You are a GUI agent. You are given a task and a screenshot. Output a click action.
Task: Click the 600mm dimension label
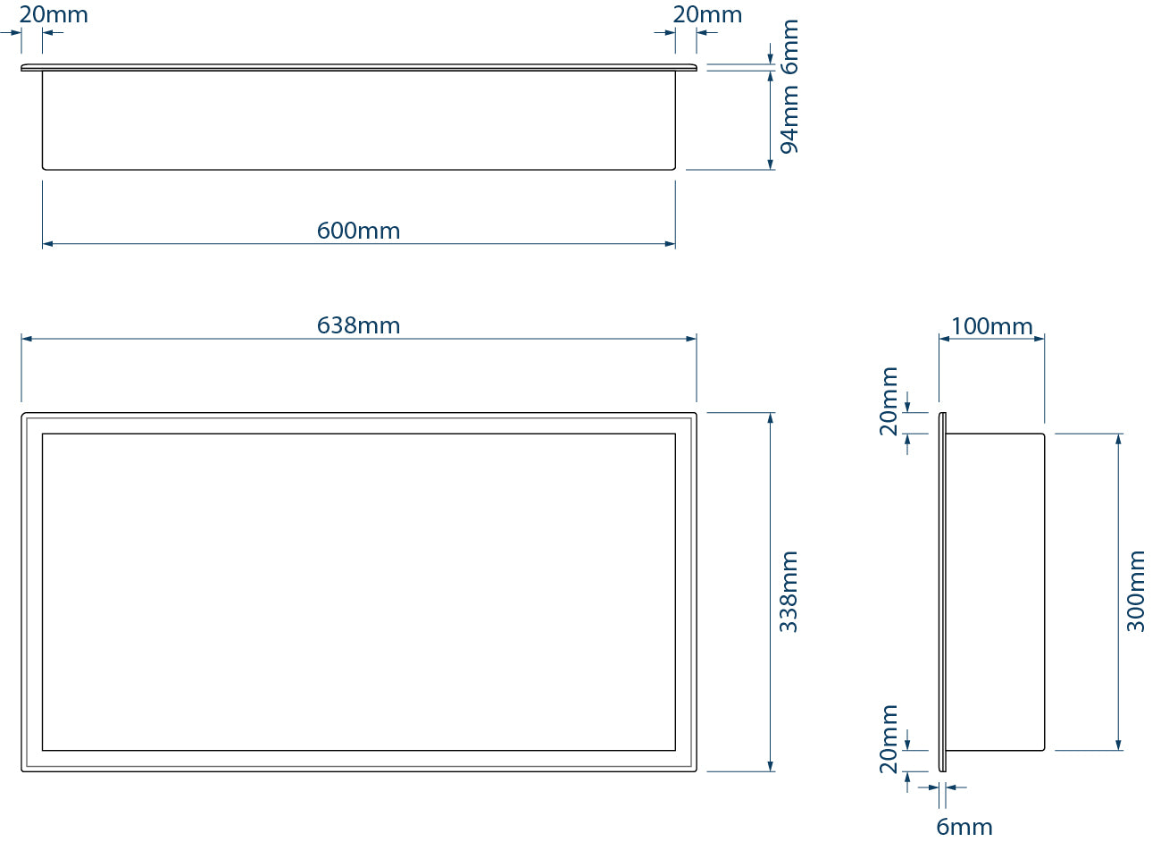[x=358, y=231]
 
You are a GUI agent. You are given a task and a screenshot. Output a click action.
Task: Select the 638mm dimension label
[x=358, y=325]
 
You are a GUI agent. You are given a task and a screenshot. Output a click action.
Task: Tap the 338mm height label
[x=789, y=592]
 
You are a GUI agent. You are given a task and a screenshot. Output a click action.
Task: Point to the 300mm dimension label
[x=1135, y=592]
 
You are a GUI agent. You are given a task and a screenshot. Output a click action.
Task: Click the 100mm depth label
[x=991, y=326]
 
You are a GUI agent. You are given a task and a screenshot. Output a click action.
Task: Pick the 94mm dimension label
[x=789, y=120]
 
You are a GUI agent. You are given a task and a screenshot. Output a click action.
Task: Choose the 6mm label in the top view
[x=789, y=45]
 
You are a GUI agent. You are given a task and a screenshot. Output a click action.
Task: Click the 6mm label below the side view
[x=964, y=827]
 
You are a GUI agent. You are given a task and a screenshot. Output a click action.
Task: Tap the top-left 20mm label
[x=54, y=15]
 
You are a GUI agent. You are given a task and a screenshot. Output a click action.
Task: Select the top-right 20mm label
[x=707, y=15]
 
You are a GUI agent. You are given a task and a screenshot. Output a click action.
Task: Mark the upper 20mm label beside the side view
[x=889, y=400]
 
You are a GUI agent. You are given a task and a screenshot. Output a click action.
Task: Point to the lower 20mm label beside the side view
[x=889, y=738]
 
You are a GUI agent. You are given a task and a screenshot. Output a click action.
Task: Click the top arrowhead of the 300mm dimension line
[x=1118, y=439]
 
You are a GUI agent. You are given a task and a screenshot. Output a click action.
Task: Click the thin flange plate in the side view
[x=942, y=592]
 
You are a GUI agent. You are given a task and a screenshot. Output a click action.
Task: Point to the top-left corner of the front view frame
[x=23, y=415]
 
